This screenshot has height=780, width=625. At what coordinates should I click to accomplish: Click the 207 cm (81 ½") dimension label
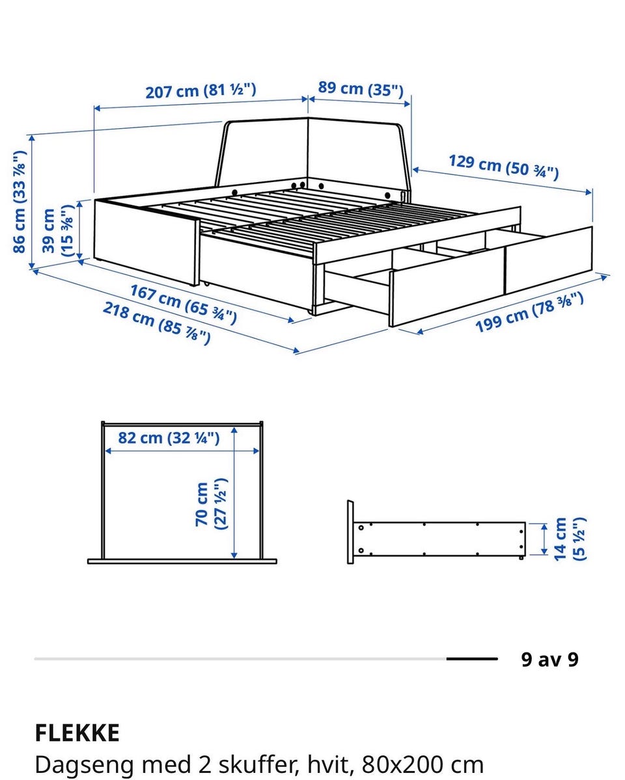click(x=201, y=91)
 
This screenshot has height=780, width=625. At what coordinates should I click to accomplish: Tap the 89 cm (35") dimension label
click(x=361, y=88)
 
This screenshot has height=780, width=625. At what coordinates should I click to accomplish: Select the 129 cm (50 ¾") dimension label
click(x=503, y=167)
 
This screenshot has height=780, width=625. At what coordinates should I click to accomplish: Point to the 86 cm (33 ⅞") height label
click(x=19, y=202)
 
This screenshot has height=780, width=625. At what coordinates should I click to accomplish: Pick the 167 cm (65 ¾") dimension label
click(x=183, y=303)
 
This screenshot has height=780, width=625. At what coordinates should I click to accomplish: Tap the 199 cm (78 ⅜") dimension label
click(x=529, y=312)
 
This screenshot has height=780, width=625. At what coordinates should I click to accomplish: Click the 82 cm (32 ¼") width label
click(x=169, y=438)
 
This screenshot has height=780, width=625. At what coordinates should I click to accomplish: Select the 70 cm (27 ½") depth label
click(x=211, y=504)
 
